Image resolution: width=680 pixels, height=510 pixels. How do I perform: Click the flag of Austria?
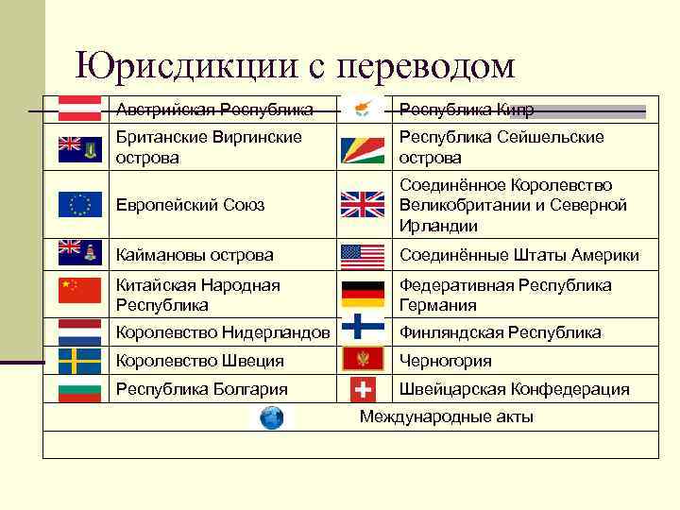click(x=79, y=108)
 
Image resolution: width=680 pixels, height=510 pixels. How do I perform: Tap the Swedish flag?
click(x=79, y=360)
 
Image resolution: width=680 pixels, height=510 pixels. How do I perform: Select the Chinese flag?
click(x=79, y=290)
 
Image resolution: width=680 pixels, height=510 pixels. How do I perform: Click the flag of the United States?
click(x=363, y=256)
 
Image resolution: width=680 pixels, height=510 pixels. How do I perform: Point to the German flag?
click(x=363, y=295)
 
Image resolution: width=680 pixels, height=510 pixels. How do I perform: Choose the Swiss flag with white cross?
click(x=363, y=388)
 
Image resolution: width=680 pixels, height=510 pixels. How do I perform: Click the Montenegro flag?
click(x=363, y=359)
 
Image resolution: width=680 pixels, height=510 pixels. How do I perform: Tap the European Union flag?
click(x=79, y=204)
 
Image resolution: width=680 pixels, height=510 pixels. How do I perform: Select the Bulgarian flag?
click(x=79, y=388)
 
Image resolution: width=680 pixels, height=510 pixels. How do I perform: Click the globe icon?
click(x=272, y=417)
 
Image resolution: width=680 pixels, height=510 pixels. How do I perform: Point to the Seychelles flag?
click(x=363, y=147)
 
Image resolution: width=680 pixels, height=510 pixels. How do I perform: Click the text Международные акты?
click(x=447, y=416)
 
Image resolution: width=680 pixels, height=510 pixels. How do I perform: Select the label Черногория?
click(x=446, y=361)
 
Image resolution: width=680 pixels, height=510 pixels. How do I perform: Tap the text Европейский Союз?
click(x=190, y=205)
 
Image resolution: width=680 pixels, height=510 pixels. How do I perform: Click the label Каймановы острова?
click(x=195, y=255)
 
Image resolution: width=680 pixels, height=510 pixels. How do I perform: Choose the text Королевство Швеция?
click(x=199, y=361)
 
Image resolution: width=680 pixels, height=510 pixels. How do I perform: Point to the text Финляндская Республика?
click(x=501, y=332)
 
